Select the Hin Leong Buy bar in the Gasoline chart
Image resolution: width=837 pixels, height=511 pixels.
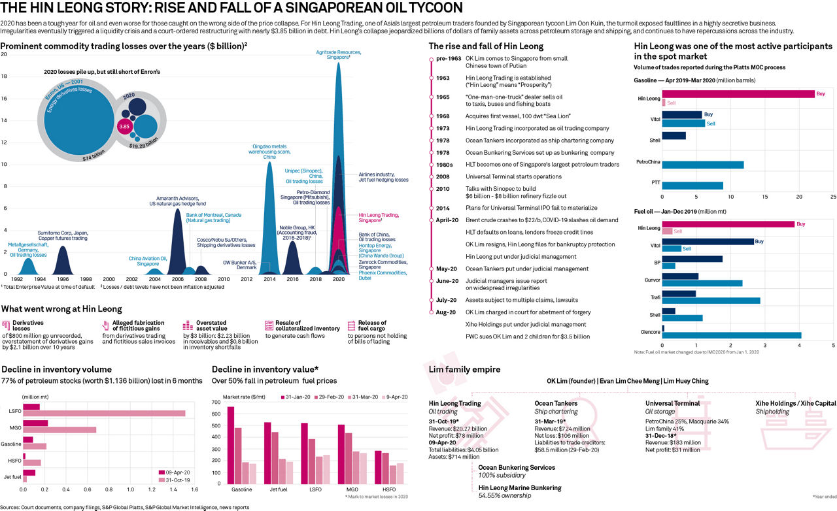click(x=738, y=94)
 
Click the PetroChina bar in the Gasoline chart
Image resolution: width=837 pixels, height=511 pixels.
click(x=703, y=165)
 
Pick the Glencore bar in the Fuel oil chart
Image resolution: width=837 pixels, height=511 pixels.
click(x=732, y=335)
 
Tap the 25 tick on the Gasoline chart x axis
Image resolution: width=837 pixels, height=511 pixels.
click(x=833, y=196)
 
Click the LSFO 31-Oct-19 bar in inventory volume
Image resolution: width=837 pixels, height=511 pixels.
click(x=104, y=413)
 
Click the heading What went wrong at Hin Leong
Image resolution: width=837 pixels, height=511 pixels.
click(x=61, y=309)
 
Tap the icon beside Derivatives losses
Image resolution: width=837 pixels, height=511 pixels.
click(x=6, y=325)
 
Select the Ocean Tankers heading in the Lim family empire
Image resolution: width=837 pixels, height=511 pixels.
click(x=556, y=403)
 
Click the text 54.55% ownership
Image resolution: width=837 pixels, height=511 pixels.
click(x=504, y=496)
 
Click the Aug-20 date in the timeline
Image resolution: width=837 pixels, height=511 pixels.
click(x=446, y=312)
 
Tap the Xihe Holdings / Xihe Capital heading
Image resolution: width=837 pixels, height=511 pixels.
click(x=795, y=403)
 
